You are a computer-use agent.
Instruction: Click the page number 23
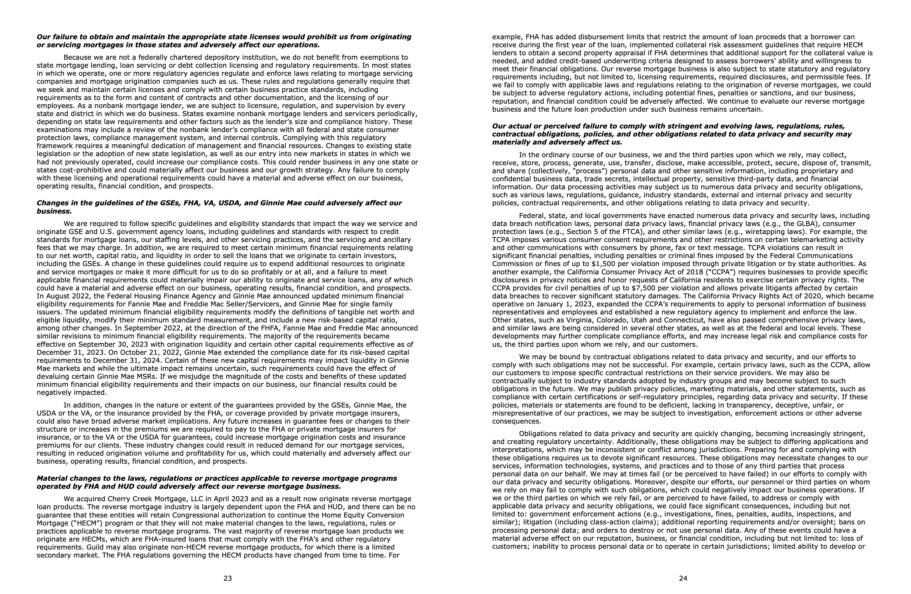(228, 578)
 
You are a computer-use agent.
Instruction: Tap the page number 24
(683, 578)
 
